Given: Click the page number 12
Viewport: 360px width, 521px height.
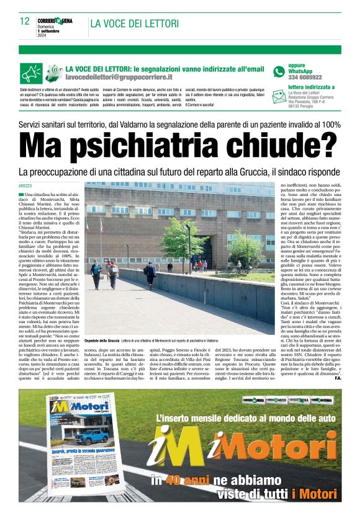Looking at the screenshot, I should [25, 21].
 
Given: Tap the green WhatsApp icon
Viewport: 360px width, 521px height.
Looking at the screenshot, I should [279, 71].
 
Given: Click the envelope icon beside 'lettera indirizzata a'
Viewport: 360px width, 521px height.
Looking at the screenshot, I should [279, 96].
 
